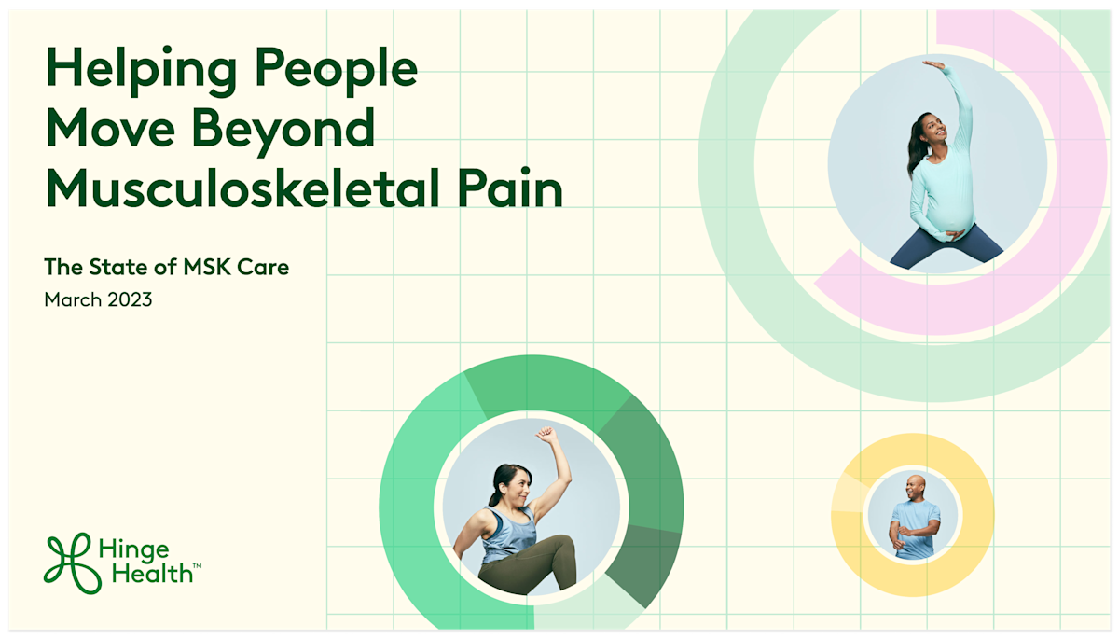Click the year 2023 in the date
click(x=129, y=300)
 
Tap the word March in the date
click(x=72, y=300)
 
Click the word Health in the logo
click(x=149, y=573)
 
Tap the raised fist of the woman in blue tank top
click(x=546, y=436)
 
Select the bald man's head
click(x=913, y=487)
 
